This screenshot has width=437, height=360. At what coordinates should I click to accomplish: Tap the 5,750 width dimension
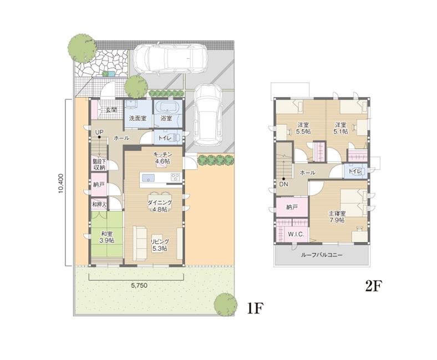[x=139, y=286]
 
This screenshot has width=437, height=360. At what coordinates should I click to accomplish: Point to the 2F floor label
[x=374, y=286]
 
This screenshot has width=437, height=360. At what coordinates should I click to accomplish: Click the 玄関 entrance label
[x=111, y=110]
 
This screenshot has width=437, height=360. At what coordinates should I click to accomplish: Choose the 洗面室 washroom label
[x=137, y=118]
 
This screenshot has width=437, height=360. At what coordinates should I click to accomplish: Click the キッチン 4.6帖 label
[x=161, y=158]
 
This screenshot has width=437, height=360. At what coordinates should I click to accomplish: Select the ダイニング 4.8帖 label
[x=159, y=206]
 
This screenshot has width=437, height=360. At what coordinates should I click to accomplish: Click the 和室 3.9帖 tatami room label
[x=107, y=237]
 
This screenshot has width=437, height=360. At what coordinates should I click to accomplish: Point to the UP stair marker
[x=99, y=131]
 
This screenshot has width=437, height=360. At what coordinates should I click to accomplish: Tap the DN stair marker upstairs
[x=284, y=184]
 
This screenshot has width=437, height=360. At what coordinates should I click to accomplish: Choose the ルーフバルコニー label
[x=322, y=255]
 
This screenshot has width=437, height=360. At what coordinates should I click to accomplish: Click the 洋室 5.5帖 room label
[x=303, y=128]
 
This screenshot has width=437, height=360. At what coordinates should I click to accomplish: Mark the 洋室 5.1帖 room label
[x=341, y=128]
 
